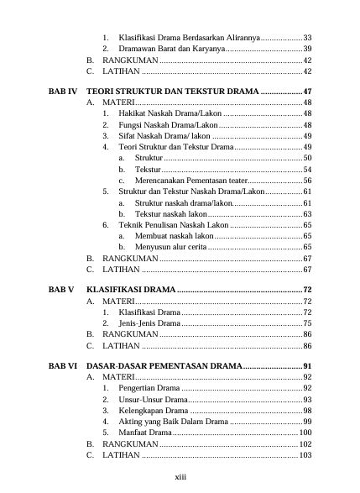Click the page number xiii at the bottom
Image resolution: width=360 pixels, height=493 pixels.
coord(180,476)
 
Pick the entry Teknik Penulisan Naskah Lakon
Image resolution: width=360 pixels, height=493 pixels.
coord(173,225)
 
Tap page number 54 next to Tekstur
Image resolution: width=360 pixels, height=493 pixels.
coord(307,170)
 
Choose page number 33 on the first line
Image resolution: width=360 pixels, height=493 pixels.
coord(307,39)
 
